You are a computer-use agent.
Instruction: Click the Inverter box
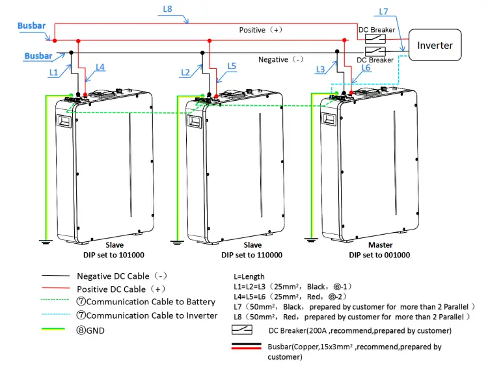pyautogui.click(x=434, y=46)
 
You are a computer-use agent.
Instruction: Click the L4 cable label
pyautogui.click(x=100, y=66)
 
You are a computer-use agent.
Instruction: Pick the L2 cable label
pyautogui.click(x=185, y=72)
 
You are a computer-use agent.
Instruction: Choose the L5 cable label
pyautogui.click(x=232, y=66)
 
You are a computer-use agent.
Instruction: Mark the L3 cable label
pyautogui.click(x=319, y=69)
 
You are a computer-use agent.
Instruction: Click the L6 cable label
pyautogui.click(x=366, y=67)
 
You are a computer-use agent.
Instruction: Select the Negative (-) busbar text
pyautogui.click(x=281, y=59)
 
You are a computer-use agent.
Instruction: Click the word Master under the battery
pyautogui.click(x=380, y=245)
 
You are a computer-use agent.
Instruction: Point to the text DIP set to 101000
pyautogui.click(x=114, y=254)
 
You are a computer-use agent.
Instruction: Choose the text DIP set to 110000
pyautogui.click(x=252, y=254)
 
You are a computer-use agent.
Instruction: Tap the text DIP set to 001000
pyautogui.click(x=380, y=254)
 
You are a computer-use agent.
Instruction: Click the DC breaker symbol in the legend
pyautogui.click(x=242, y=330)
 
